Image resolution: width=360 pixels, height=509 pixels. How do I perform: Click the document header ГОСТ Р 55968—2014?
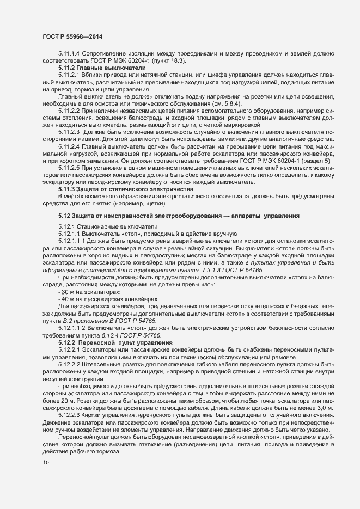[71, 36]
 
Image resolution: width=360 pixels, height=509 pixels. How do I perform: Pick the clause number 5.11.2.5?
[69, 169]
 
